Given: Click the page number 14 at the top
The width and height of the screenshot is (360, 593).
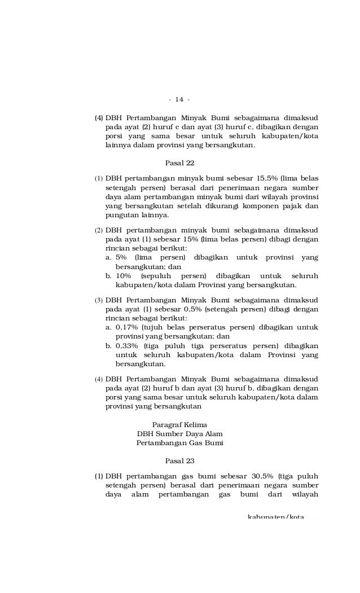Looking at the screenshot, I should (x=179, y=100).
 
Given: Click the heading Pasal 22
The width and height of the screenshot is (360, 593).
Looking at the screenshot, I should (x=179, y=164).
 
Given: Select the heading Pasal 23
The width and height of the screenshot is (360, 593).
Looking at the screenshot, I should (x=179, y=460).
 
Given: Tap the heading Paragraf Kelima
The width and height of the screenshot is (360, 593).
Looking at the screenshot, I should (x=179, y=424).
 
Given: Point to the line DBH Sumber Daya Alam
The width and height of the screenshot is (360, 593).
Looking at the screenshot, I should (x=179, y=434).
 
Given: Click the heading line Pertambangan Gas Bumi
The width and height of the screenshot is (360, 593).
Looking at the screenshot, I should (x=179, y=443).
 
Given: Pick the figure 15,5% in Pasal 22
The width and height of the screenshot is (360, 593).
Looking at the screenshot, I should (x=268, y=179).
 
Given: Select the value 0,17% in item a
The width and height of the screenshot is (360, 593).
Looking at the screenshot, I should (x=127, y=327).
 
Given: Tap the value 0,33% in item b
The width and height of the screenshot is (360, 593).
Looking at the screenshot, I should (x=127, y=345).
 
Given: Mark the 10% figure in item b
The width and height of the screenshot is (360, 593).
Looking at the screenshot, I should (x=124, y=276).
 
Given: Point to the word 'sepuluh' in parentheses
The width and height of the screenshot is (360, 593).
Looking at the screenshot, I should (x=156, y=276).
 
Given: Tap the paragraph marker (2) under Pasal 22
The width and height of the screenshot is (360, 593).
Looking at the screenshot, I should (x=99, y=230).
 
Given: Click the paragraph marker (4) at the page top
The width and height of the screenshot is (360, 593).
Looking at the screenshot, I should (x=99, y=118).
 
